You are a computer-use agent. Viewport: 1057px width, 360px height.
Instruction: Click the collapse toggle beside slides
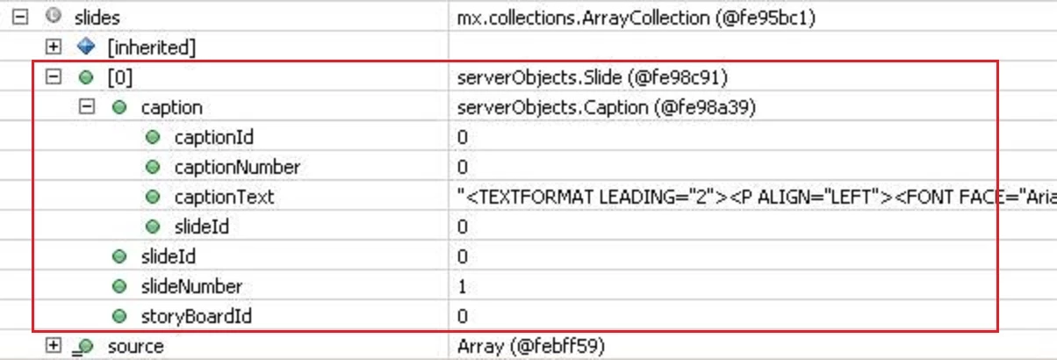pyautogui.click(x=20, y=18)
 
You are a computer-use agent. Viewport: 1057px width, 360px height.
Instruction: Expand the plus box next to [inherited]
pyautogui.click(x=54, y=47)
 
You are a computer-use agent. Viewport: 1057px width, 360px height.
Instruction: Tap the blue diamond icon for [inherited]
pyautogui.click(x=86, y=47)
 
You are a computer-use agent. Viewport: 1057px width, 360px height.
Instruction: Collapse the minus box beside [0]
pyautogui.click(x=54, y=76)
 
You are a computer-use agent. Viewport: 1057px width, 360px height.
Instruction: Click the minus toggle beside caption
pyautogui.click(x=86, y=106)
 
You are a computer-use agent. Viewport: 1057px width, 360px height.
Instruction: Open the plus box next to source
pyautogui.click(x=54, y=346)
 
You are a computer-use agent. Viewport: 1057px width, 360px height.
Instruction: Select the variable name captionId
pyautogui.click(x=213, y=137)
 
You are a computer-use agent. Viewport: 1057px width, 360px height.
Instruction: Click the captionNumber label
pyautogui.click(x=237, y=167)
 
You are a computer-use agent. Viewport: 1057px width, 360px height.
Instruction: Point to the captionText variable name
pyautogui.click(x=224, y=198)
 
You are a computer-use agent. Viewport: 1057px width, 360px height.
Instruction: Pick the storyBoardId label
pyautogui.click(x=197, y=316)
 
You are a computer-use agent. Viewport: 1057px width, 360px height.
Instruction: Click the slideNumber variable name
pyautogui.click(x=191, y=286)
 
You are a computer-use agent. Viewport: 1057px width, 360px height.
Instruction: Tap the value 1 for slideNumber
pyautogui.click(x=462, y=286)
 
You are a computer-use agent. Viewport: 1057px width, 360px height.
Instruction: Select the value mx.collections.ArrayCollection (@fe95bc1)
pyautogui.click(x=636, y=18)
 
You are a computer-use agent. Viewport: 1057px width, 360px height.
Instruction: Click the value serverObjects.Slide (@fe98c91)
pyautogui.click(x=593, y=77)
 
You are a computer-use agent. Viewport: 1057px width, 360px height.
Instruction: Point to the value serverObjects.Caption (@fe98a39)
pyautogui.click(x=607, y=108)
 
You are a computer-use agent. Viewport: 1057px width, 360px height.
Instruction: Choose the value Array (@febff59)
pyautogui.click(x=531, y=346)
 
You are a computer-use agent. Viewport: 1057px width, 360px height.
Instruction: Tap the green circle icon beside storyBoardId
pyautogui.click(x=119, y=315)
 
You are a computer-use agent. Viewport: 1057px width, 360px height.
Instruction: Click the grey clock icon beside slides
pyautogui.click(x=54, y=16)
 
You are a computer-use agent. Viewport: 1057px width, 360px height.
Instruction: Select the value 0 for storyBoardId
pyautogui.click(x=463, y=316)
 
